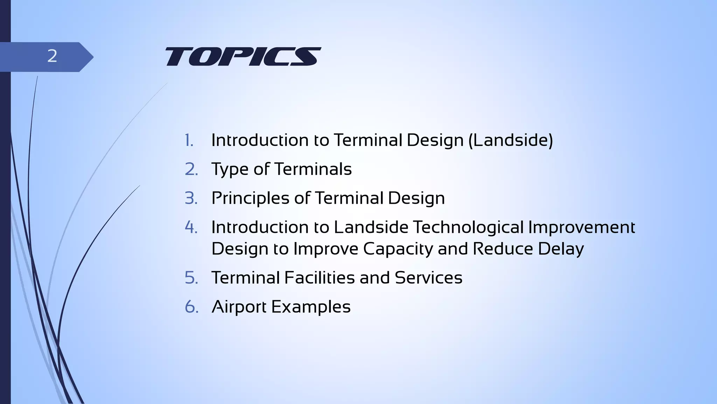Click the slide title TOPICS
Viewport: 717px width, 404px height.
(243, 56)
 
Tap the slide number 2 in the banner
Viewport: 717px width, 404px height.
(52, 56)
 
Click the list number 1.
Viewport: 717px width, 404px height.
(189, 140)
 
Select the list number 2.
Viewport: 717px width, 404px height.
(191, 169)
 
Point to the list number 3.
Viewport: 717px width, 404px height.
(191, 198)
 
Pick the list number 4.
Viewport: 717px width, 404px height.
(191, 227)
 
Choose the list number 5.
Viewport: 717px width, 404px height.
(191, 278)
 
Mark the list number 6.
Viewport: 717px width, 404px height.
(192, 307)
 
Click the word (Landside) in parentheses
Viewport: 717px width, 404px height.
(510, 140)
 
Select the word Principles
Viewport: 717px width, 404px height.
(250, 198)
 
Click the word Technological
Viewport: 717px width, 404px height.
(468, 227)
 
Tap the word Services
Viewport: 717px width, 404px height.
(429, 278)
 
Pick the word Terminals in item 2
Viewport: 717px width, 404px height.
(313, 169)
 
